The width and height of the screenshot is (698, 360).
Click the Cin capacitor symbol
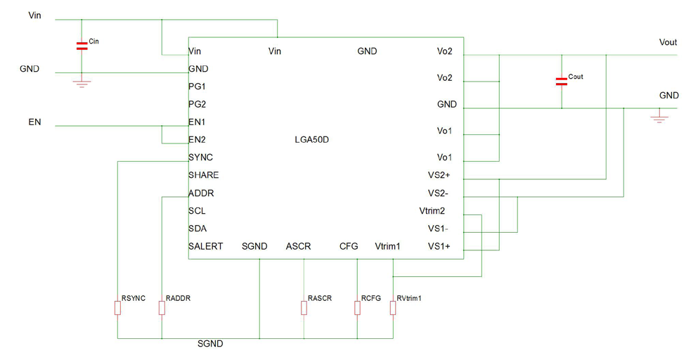coord(82,46)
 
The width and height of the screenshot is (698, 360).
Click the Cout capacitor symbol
coord(561,81)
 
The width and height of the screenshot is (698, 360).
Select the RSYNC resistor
coord(117,308)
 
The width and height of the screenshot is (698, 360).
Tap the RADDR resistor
coord(162,308)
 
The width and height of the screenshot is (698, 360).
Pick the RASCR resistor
coord(304,308)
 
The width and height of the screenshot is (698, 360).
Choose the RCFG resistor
coord(357,308)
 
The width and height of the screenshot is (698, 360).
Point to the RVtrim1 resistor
coord(393,308)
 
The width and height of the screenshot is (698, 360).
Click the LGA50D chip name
coord(312,140)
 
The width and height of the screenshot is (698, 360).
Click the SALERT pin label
coord(205,246)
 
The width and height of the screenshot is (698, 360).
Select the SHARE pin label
coord(203,175)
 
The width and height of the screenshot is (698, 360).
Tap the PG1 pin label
coord(198,86)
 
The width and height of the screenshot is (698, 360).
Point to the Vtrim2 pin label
coord(432,211)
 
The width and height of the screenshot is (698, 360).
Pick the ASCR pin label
coord(298,246)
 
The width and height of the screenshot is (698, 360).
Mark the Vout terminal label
coord(668,43)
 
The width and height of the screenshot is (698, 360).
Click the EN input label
coord(34,122)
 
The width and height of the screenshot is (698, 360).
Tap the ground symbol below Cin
coord(82,84)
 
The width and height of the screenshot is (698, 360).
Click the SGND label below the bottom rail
coord(210,344)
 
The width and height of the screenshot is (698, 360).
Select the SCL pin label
coord(197,211)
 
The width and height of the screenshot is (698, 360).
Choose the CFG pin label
coord(349,246)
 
